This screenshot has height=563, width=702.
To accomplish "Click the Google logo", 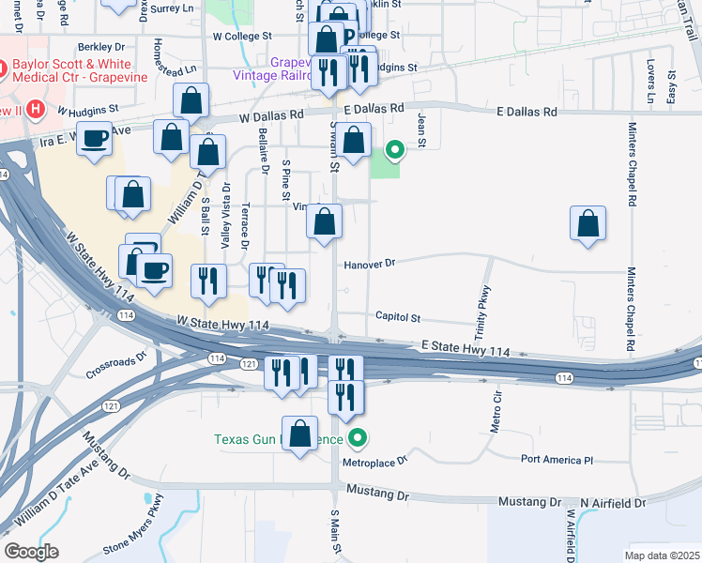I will tap(32, 551).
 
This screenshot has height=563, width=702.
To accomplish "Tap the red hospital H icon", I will tap(36, 110).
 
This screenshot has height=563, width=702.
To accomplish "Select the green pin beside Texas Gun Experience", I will tap(358, 438).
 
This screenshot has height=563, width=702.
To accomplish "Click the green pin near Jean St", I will tap(396, 148).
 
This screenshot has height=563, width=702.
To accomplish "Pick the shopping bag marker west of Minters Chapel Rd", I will tap(588, 223).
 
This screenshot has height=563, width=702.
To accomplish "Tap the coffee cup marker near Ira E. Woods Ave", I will tap(95, 139).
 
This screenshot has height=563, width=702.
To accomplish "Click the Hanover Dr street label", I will tap(372, 265).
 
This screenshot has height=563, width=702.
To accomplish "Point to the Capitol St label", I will tap(399, 318).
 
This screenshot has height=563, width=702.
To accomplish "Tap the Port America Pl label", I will tap(558, 461).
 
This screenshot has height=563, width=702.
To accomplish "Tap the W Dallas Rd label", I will tap(271, 116).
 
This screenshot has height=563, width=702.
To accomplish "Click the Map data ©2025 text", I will tap(663, 555).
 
